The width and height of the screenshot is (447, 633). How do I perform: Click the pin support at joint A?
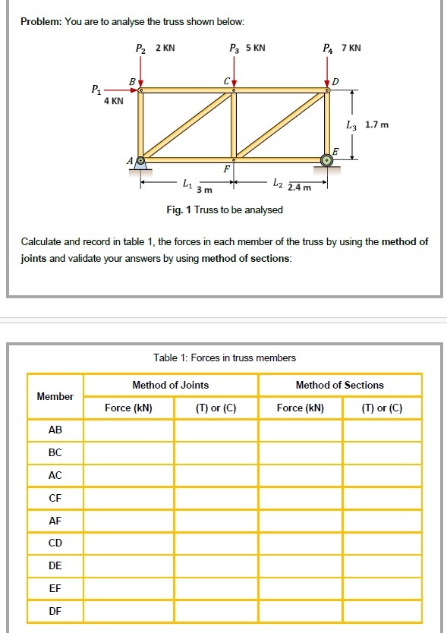click(x=140, y=162)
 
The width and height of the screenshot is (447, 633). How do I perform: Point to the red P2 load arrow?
click(x=140, y=78)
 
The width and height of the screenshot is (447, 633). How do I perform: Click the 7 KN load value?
click(x=351, y=49)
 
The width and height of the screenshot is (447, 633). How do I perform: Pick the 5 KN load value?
click(x=255, y=49)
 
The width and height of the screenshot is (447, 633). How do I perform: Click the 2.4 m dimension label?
click(x=299, y=187)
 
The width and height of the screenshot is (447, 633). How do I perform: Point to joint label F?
click(x=225, y=168)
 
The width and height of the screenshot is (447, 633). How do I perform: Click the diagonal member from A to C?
click(x=187, y=125)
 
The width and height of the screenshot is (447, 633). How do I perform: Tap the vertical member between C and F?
click(x=234, y=125)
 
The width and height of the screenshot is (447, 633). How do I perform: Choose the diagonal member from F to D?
click(x=281, y=125)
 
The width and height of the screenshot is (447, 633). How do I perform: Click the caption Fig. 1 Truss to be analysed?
click(x=224, y=209)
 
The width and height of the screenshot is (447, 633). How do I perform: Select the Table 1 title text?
click(x=224, y=357)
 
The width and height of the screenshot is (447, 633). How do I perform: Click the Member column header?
click(x=55, y=396)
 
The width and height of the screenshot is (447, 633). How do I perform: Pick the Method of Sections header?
click(x=339, y=385)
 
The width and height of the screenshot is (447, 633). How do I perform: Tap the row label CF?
click(x=55, y=498)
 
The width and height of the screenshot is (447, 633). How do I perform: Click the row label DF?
click(x=55, y=610)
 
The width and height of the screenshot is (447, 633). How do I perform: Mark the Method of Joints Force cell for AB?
click(x=128, y=430)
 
